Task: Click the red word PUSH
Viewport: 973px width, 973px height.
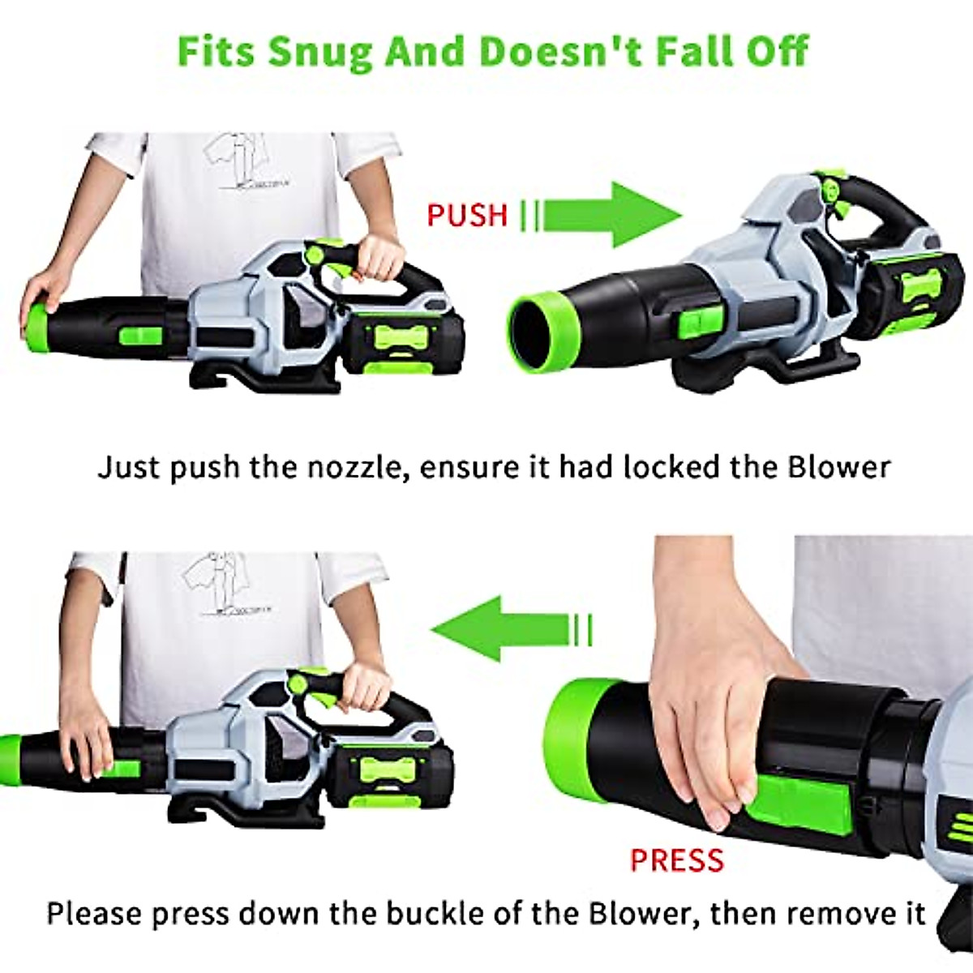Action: pos(467,215)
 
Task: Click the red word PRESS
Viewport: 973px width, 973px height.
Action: pos(677,859)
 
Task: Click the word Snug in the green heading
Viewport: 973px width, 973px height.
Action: pos(321,50)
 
